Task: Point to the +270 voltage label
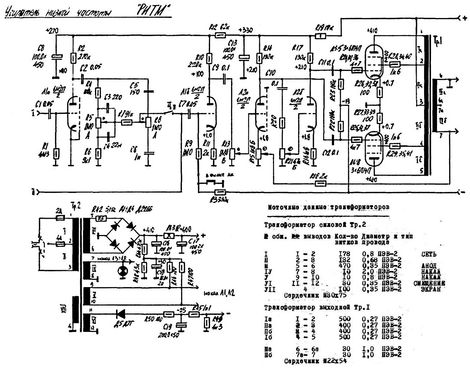pos(53,31)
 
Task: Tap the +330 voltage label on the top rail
pos(246,30)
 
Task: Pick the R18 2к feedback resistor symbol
pos(320,183)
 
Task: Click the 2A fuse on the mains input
pos(60,218)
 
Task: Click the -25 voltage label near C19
pos(181,309)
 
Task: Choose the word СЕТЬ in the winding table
pos(430,254)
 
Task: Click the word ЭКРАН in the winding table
pos(431,289)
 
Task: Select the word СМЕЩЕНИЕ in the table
pos(429,283)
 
